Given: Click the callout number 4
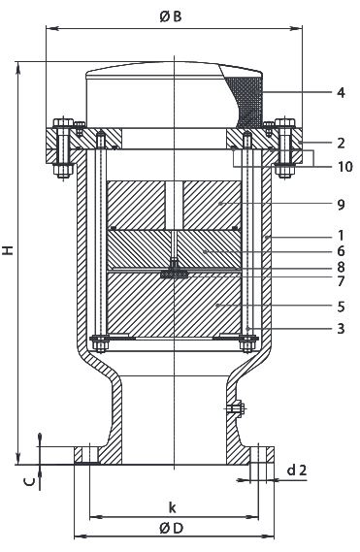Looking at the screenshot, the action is (341, 93).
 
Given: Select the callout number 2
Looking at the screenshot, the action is (341, 144).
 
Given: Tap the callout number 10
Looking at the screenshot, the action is (344, 167).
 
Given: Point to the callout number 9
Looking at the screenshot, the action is (341, 205).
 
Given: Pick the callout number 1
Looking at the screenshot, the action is (341, 235).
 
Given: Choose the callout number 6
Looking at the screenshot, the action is (341, 251).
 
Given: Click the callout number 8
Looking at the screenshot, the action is (341, 267).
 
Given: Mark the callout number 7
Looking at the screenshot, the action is (341, 281).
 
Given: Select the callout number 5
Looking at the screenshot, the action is (341, 307).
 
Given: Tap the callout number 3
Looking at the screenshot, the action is (341, 329).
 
